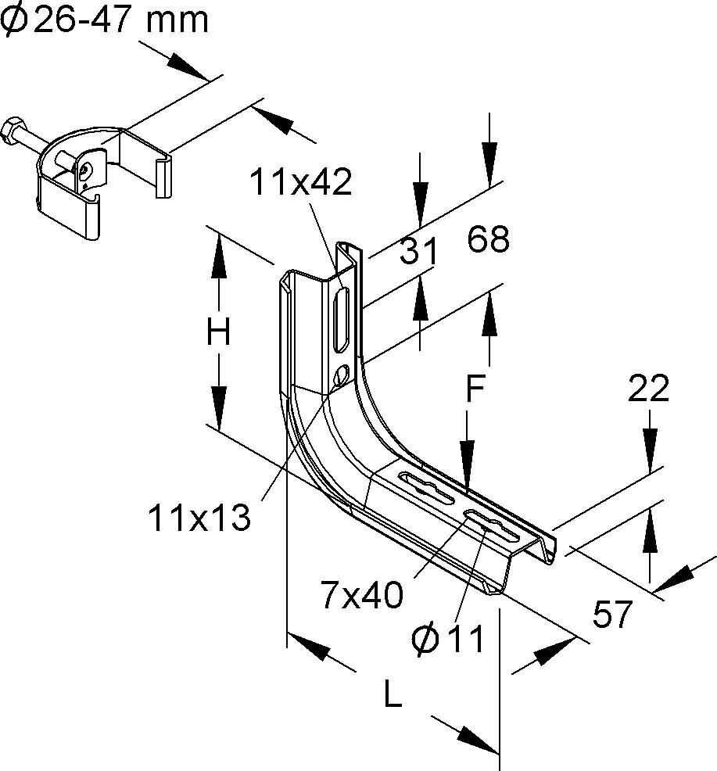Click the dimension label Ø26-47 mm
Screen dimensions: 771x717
click(x=105, y=19)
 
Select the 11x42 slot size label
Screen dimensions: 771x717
click(x=301, y=182)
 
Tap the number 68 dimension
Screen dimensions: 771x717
click(x=489, y=239)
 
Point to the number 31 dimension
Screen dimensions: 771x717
click(x=418, y=252)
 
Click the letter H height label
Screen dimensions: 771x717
click(x=218, y=334)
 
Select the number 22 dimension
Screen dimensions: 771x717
click(x=649, y=389)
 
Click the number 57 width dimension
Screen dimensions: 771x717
click(x=611, y=615)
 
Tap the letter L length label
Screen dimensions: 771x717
click(x=393, y=694)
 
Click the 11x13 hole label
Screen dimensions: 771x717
click(x=199, y=517)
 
